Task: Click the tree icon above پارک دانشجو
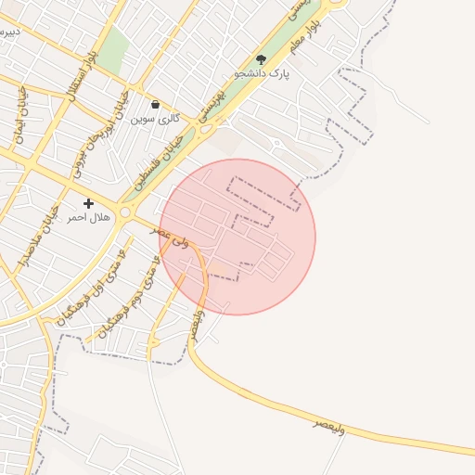(261, 59)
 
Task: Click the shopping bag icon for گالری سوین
(154, 105)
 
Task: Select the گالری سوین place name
(154, 119)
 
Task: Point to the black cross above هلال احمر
(89, 203)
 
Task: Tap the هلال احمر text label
(88, 217)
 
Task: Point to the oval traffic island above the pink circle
(276, 143)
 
